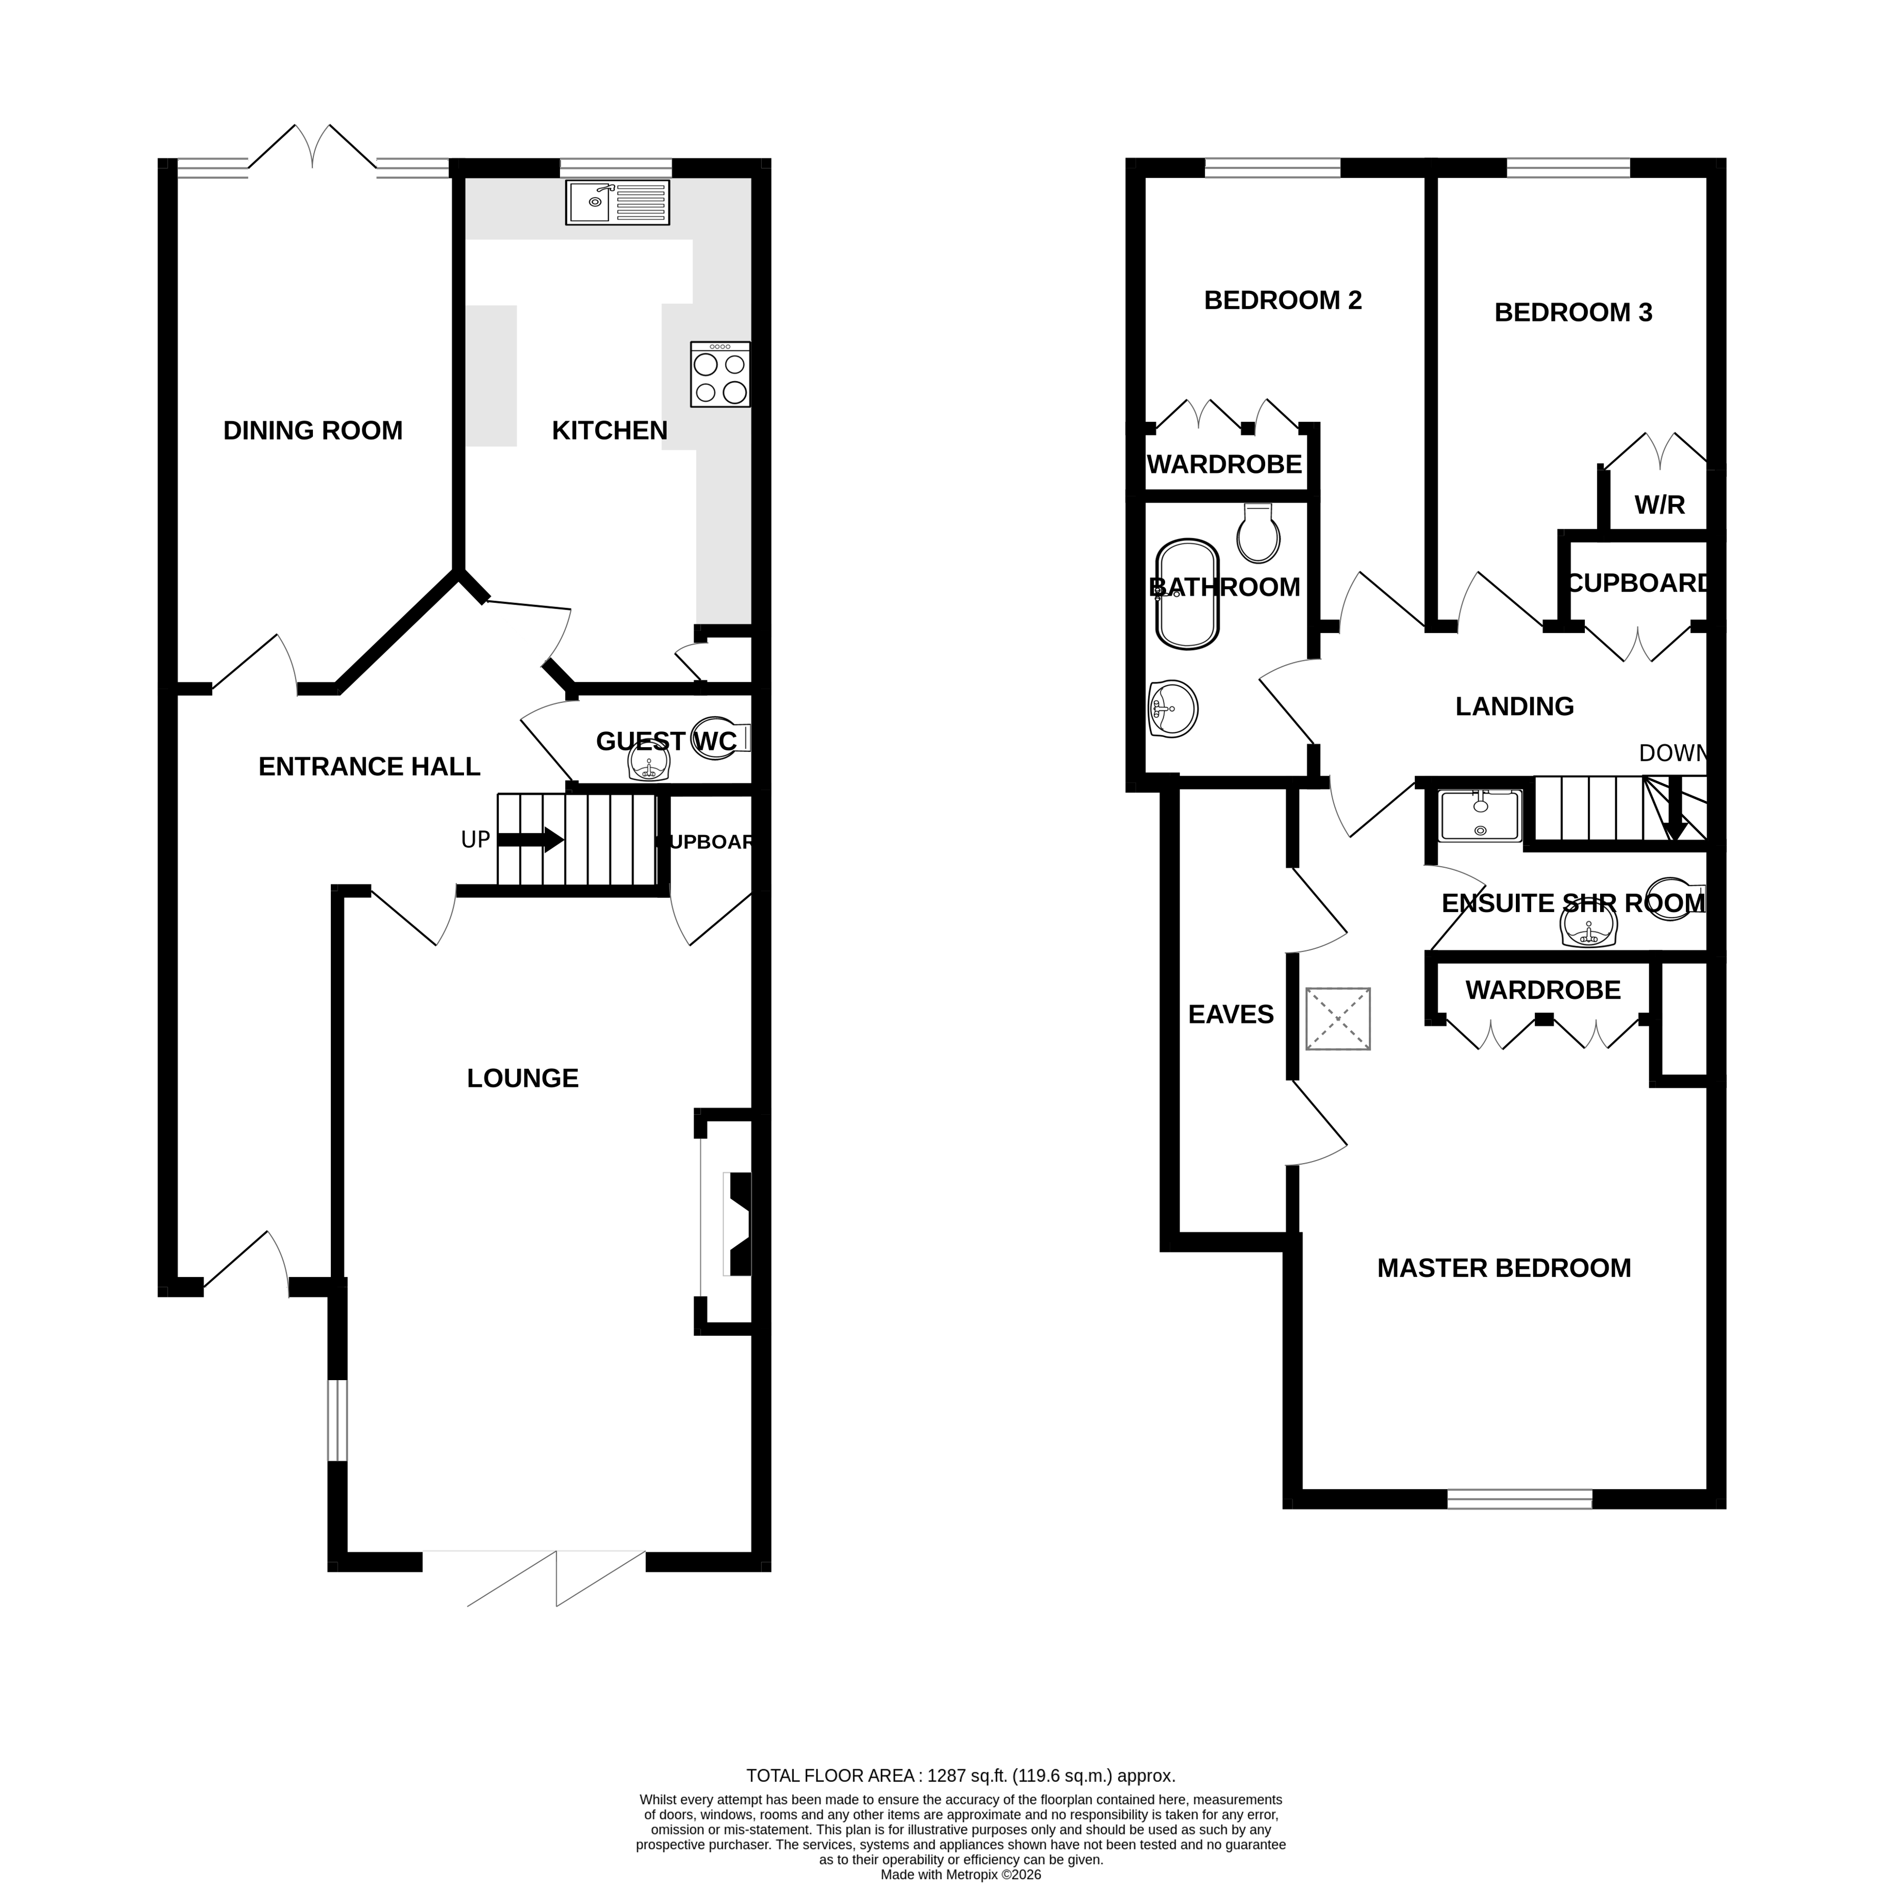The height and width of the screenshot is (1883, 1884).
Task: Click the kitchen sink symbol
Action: (617, 203)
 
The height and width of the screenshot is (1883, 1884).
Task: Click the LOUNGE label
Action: (522, 1077)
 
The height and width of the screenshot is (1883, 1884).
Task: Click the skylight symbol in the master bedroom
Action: (1338, 1019)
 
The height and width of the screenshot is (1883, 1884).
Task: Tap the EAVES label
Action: (1231, 1014)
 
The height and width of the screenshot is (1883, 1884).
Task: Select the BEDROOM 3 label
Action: (1572, 312)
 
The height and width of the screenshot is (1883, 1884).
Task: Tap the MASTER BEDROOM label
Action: (1503, 1267)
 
